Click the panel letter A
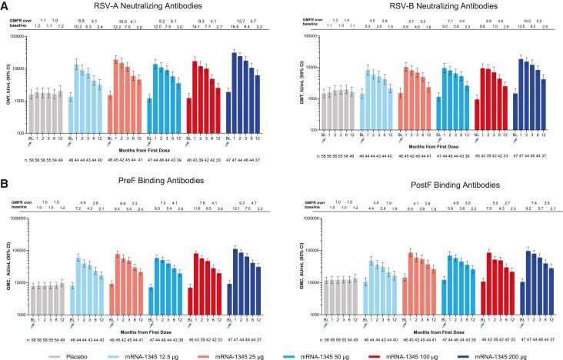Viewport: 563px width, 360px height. click(5, 6)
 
